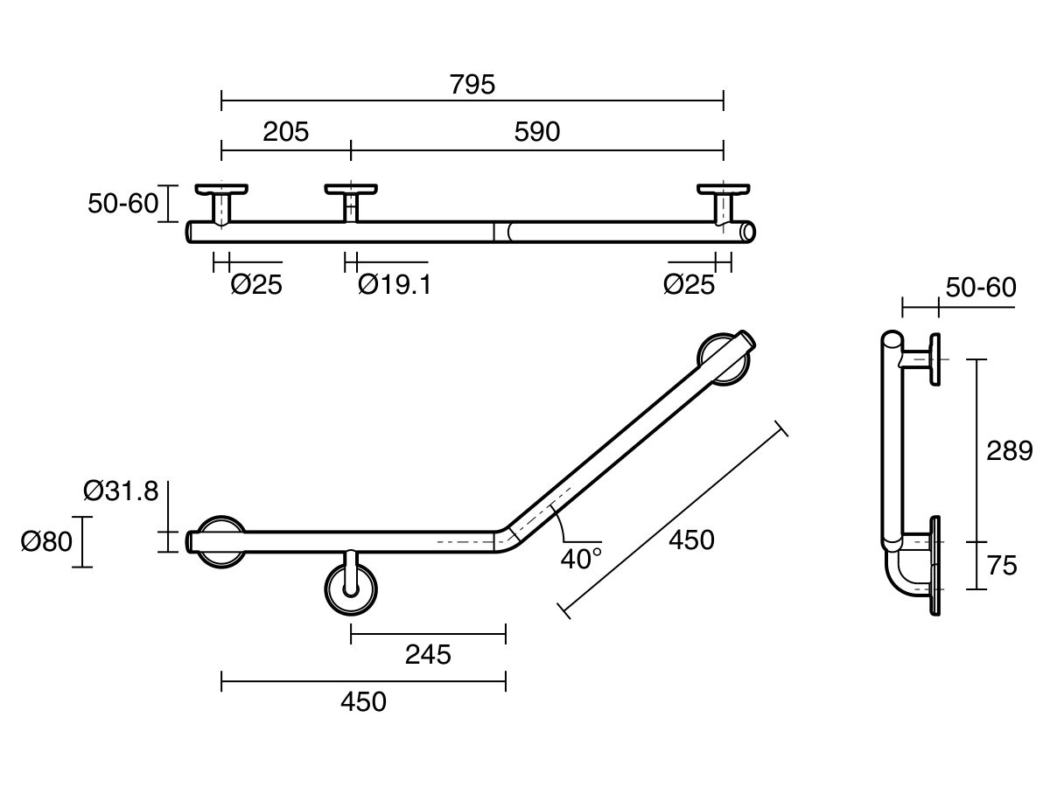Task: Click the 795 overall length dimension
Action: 472,85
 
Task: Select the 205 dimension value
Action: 286,132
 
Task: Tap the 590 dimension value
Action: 536,132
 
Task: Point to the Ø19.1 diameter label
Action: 395,284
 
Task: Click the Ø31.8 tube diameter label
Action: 122,491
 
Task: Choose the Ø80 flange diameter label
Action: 45,542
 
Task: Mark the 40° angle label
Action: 581,559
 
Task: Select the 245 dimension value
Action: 428,654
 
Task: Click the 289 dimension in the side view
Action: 1009,451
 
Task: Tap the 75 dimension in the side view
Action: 1003,566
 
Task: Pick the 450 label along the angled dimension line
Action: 691,540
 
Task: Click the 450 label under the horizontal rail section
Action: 363,701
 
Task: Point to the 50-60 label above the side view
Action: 981,287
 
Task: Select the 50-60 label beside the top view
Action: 123,204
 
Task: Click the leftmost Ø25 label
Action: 257,284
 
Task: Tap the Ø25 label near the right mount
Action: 689,284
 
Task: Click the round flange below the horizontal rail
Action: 351,590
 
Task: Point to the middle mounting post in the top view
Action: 351,205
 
